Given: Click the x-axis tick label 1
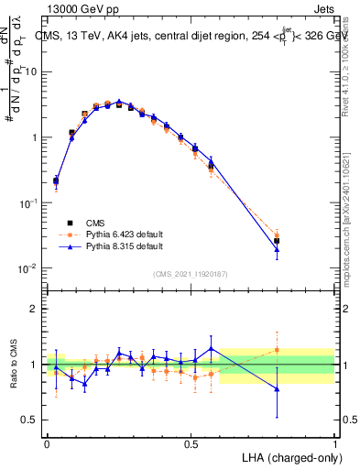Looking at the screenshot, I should click(x=334, y=442).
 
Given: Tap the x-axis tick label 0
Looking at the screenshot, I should click(x=47, y=442).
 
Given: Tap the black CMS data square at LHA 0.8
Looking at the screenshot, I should click(x=277, y=241).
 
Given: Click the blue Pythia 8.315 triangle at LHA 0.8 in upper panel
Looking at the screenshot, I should click(x=277, y=249).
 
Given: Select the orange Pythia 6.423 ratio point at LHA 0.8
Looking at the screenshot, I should click(x=277, y=349).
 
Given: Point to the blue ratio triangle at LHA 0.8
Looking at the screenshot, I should click(x=277, y=389).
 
